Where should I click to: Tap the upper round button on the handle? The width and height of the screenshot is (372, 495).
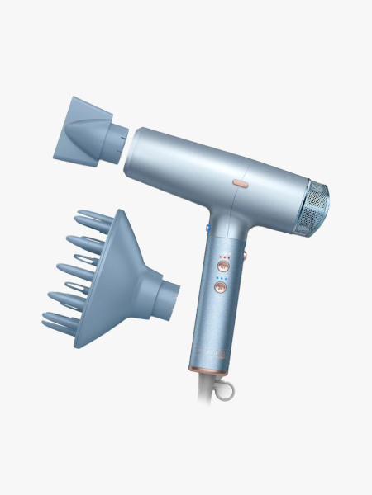pyautogui.click(x=222, y=265)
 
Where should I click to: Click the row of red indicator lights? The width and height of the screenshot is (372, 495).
pyautogui.click(x=223, y=256)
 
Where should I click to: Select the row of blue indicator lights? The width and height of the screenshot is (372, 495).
pyautogui.click(x=222, y=279)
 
